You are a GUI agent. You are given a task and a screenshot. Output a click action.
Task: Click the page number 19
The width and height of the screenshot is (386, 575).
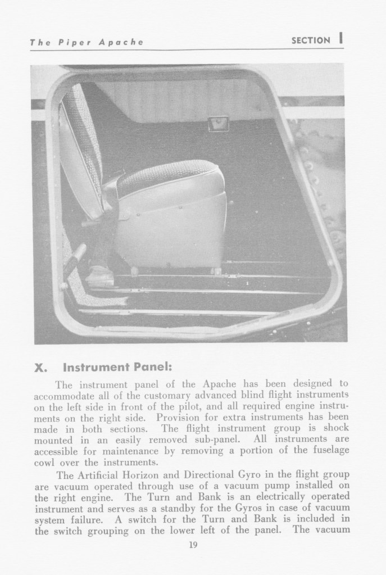click(193, 545)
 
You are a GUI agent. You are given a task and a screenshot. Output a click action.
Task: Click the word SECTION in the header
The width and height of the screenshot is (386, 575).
click(311, 40)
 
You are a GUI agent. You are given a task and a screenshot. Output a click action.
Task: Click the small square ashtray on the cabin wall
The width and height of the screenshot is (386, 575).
click(218, 123)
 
